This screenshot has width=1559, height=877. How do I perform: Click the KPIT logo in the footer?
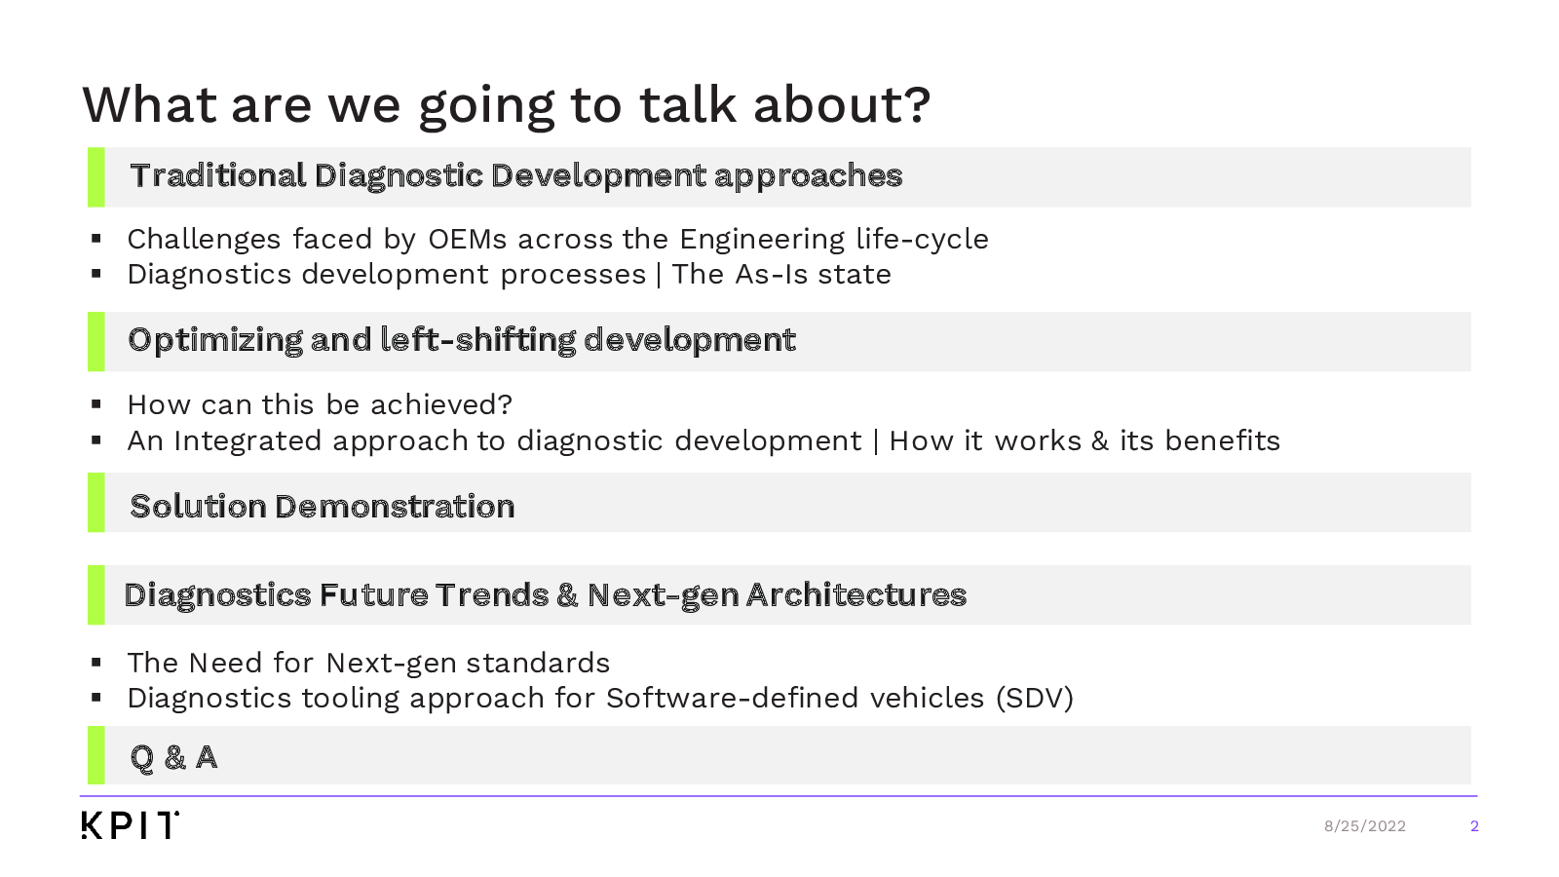coord(131,824)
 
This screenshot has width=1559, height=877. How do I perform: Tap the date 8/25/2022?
coord(1365,826)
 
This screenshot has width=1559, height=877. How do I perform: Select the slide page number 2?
coord(1474,826)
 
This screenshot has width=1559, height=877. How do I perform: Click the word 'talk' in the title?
coord(688,105)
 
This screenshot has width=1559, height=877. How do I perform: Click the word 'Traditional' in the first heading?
coord(218,175)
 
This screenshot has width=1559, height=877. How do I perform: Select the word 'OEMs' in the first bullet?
coord(468,239)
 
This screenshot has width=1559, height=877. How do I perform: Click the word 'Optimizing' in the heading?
coord(215,341)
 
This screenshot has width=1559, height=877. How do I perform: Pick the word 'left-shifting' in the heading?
coord(478,340)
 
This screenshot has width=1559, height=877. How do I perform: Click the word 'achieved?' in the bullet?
coord(441,404)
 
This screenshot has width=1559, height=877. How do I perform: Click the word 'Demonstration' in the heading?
coord(395,507)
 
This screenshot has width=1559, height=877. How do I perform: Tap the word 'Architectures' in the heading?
coord(856,595)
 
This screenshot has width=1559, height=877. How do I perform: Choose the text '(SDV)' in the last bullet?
coord(1035,698)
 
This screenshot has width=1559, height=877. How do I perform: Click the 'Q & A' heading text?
coord(174,757)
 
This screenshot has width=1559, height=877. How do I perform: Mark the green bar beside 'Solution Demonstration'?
coord(96,503)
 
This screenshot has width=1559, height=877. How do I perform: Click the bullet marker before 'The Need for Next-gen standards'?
coord(96,663)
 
